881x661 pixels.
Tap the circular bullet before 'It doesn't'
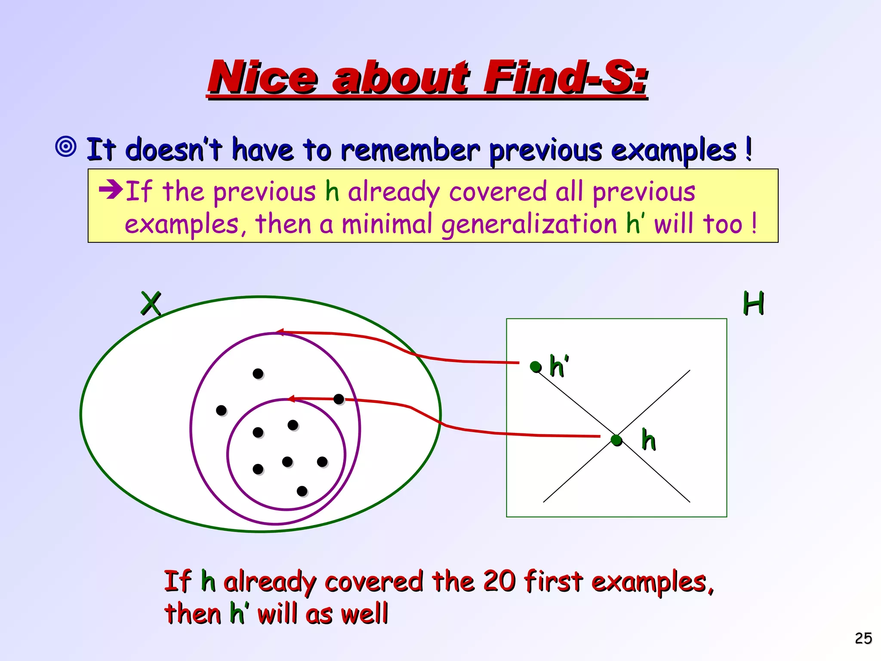(66, 147)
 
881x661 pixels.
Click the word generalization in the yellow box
(529, 225)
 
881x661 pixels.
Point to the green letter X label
(151, 303)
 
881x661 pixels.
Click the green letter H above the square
(753, 303)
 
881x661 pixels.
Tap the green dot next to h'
(536, 367)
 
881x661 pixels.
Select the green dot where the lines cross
(616, 440)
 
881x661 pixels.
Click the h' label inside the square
(559, 367)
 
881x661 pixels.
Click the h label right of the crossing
(649, 440)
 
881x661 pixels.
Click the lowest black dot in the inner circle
(302, 491)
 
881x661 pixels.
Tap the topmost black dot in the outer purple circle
(258, 374)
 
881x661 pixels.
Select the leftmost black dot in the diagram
(221, 411)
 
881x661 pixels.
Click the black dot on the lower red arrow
(339, 399)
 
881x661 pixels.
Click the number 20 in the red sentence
(499, 581)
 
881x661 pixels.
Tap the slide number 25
(863, 638)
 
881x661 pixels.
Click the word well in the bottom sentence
(364, 614)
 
